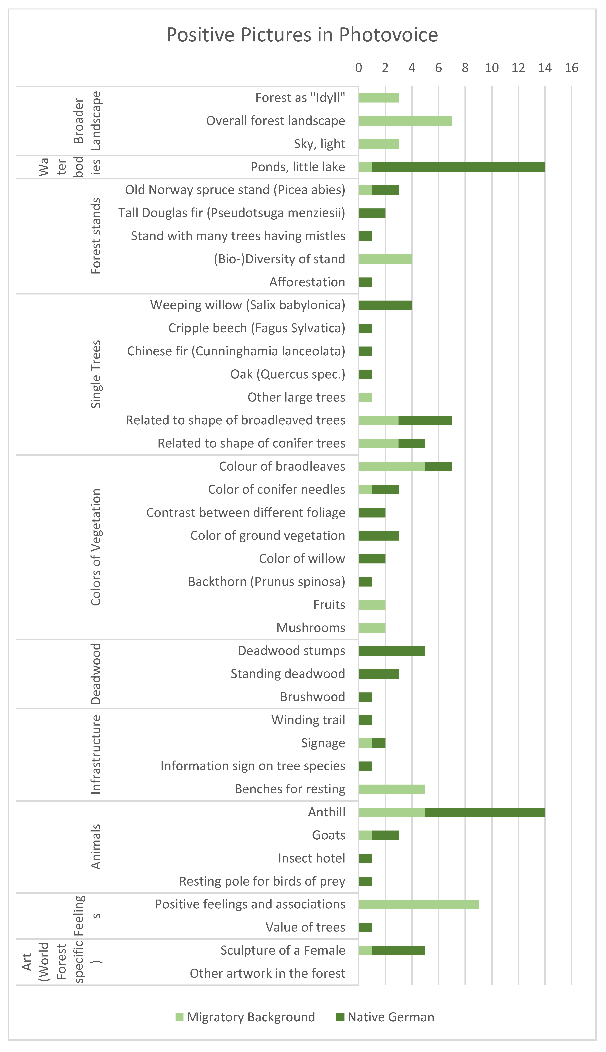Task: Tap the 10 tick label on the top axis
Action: coord(491,68)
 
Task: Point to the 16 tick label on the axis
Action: coord(571,68)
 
